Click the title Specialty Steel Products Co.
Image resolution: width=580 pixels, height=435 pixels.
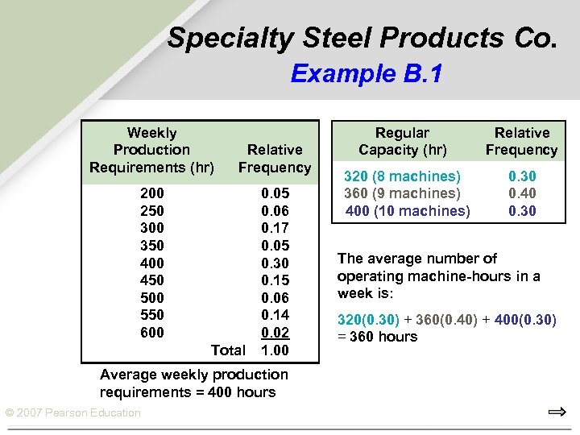362,38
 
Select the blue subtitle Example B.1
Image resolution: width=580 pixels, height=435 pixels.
367,74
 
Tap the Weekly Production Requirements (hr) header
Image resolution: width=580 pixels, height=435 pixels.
151,150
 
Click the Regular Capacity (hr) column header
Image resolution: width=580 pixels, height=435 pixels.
403,141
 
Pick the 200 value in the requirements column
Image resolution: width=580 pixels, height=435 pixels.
151,193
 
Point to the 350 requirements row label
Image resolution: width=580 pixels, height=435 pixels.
151,246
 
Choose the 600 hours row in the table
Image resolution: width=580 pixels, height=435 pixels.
151,333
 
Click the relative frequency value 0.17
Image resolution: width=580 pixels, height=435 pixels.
275,229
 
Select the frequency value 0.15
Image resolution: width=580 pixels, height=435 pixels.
275,280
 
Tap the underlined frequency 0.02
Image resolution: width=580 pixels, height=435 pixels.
275,333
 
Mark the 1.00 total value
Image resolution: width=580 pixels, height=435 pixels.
275,350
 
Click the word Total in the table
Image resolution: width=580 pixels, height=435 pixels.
228,350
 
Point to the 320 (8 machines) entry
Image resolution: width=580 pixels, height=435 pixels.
403,176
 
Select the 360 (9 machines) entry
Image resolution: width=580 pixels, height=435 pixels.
403,193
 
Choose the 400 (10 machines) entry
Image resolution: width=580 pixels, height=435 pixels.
408,211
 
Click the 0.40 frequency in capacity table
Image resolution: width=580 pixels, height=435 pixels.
522,193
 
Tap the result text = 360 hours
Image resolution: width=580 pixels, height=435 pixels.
378,337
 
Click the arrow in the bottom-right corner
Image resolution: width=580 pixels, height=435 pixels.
557,412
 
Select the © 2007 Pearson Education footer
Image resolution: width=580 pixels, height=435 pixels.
72,413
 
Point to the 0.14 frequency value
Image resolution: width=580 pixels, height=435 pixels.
275,315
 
